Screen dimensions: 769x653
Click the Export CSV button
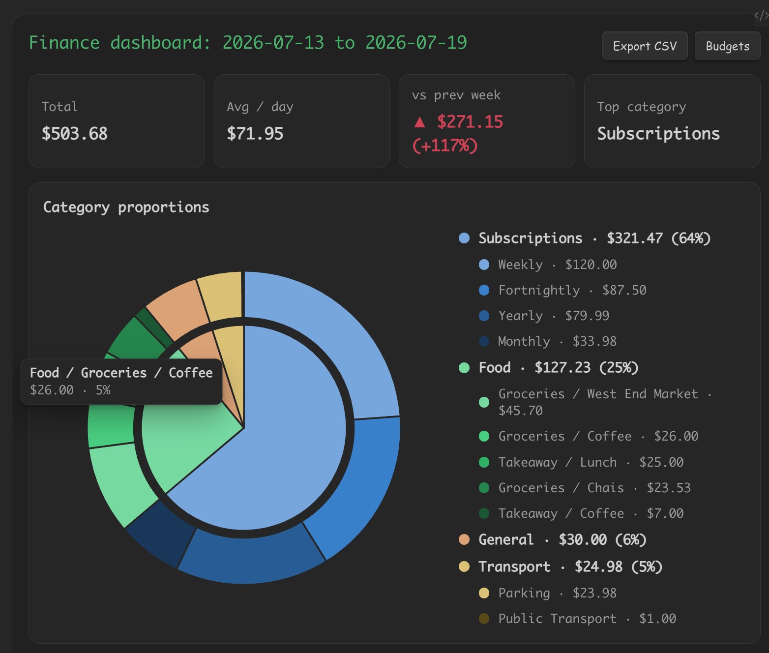coord(645,46)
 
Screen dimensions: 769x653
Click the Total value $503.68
coord(74,134)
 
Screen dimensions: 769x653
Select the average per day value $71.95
coord(255,134)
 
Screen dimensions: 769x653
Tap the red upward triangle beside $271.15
coord(420,122)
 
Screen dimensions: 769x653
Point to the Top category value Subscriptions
coord(658,134)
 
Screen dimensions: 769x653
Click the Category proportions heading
coord(126,207)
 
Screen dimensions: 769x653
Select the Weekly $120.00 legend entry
coord(548,265)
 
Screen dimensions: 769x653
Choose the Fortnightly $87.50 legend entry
coord(562,290)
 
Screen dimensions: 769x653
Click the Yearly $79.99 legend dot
coord(484,316)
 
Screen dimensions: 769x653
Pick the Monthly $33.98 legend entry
coord(548,341)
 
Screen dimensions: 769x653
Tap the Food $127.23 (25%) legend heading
coord(549,368)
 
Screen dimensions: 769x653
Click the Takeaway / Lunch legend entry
coord(581,462)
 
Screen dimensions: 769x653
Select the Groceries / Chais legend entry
coord(585,488)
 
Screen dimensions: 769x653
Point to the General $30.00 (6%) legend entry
coord(553,539)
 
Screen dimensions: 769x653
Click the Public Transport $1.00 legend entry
coord(577,619)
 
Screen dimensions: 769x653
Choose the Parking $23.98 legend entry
coord(548,593)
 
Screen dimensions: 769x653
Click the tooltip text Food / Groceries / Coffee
coord(121,373)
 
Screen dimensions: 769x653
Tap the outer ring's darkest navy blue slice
coord(160,532)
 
